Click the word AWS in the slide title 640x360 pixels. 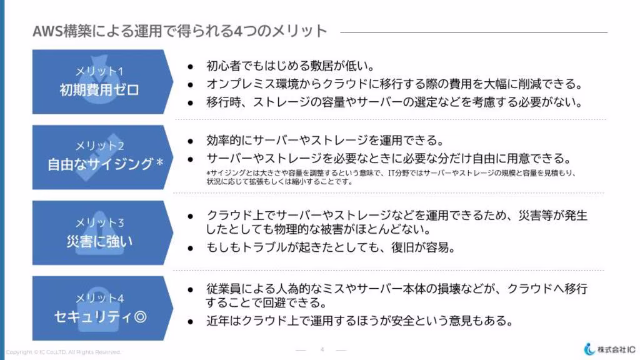point(47,31)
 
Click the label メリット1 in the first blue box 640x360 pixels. point(99,71)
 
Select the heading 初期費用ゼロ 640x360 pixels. point(99,89)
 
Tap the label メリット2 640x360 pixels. point(99,146)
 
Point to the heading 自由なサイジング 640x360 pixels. point(101,164)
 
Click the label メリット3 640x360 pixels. point(99,222)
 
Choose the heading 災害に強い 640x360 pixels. point(99,241)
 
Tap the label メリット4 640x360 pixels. point(99,298)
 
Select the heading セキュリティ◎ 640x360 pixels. point(101,317)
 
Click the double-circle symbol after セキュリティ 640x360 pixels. point(140,317)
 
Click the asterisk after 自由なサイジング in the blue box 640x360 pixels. point(159,162)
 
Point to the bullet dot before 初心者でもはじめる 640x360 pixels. point(190,66)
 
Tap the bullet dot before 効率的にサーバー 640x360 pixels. point(190,141)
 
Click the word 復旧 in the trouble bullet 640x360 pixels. point(402,247)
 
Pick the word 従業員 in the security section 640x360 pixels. point(223,289)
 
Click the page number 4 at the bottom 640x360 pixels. point(322,349)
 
